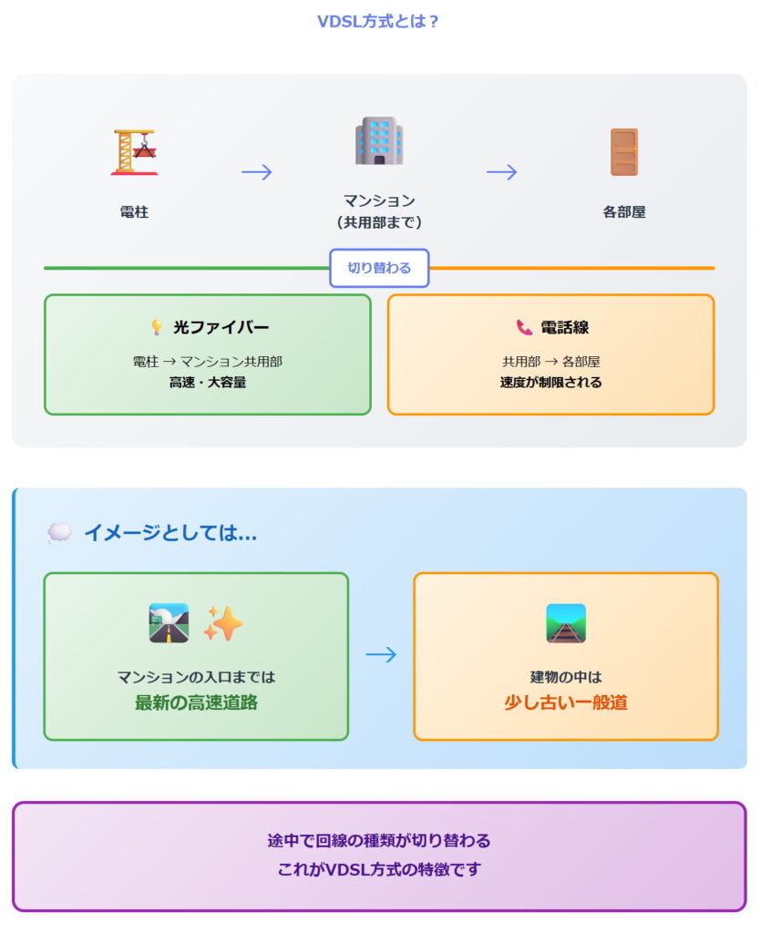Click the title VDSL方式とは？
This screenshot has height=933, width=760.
pyautogui.click(x=379, y=22)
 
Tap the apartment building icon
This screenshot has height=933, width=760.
pyautogui.click(x=379, y=141)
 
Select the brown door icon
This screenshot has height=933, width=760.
pyautogui.click(x=624, y=151)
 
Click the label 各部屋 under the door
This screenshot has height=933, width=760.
pyautogui.click(x=624, y=211)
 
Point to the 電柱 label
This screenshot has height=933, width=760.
pyautogui.click(x=134, y=211)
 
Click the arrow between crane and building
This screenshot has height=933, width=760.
pyautogui.click(x=257, y=171)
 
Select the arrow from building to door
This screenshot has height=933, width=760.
pyautogui.click(x=501, y=171)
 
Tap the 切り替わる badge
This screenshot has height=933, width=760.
pyautogui.click(x=379, y=268)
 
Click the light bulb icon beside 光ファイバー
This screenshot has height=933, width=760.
pyautogui.click(x=157, y=327)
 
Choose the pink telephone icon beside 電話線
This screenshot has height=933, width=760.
pyautogui.click(x=524, y=327)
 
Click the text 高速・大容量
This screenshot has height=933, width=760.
pyautogui.click(x=208, y=383)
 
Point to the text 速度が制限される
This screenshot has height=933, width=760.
pyautogui.click(x=550, y=383)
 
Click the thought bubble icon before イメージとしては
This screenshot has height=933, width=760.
pyautogui.click(x=59, y=533)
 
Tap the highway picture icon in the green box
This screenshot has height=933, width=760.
pyautogui.click(x=169, y=623)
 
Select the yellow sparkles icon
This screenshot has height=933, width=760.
pyautogui.click(x=222, y=623)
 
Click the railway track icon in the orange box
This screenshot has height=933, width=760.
pyautogui.click(x=566, y=623)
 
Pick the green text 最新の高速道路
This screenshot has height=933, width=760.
pyautogui.click(x=196, y=702)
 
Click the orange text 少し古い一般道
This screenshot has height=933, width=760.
pyautogui.click(x=566, y=702)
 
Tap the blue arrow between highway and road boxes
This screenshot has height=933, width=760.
pyautogui.click(x=381, y=654)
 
